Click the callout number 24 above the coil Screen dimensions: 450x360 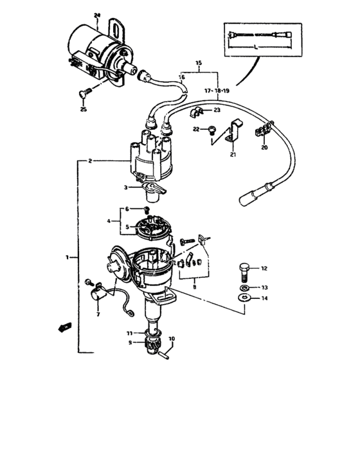[x=97, y=14]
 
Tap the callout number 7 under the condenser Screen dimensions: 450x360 [x=98, y=315]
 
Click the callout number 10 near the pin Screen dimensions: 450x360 [x=171, y=339]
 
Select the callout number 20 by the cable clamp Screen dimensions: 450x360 [x=264, y=147]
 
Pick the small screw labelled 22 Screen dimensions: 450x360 [x=212, y=130]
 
